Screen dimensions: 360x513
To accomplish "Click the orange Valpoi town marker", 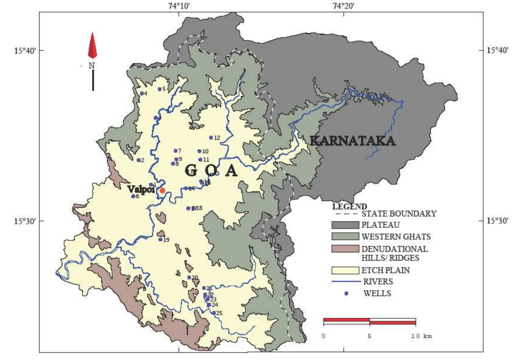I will (162, 191).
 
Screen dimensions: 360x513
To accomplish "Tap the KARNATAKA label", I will (352, 141).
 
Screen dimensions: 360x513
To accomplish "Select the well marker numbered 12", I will (211, 137).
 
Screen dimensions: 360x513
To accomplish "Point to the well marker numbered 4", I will (142, 93).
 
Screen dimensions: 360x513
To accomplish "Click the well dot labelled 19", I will (160, 239).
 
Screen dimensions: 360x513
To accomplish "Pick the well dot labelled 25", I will (214, 313).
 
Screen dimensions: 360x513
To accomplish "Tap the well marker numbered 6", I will (133, 196).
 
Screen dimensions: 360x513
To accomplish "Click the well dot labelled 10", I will (199, 151).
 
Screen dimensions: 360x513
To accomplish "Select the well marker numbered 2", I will (138, 160).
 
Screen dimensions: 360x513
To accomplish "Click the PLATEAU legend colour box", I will (345, 225).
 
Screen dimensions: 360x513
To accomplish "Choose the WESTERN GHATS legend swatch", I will (345, 236).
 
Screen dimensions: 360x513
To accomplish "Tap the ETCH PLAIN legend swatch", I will (345, 270).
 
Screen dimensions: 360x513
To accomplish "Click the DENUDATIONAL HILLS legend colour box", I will (345, 249).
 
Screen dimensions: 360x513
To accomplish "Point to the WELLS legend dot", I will (346, 293).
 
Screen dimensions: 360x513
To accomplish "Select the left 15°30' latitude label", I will (25, 221).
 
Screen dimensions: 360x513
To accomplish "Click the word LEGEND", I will (349, 206).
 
